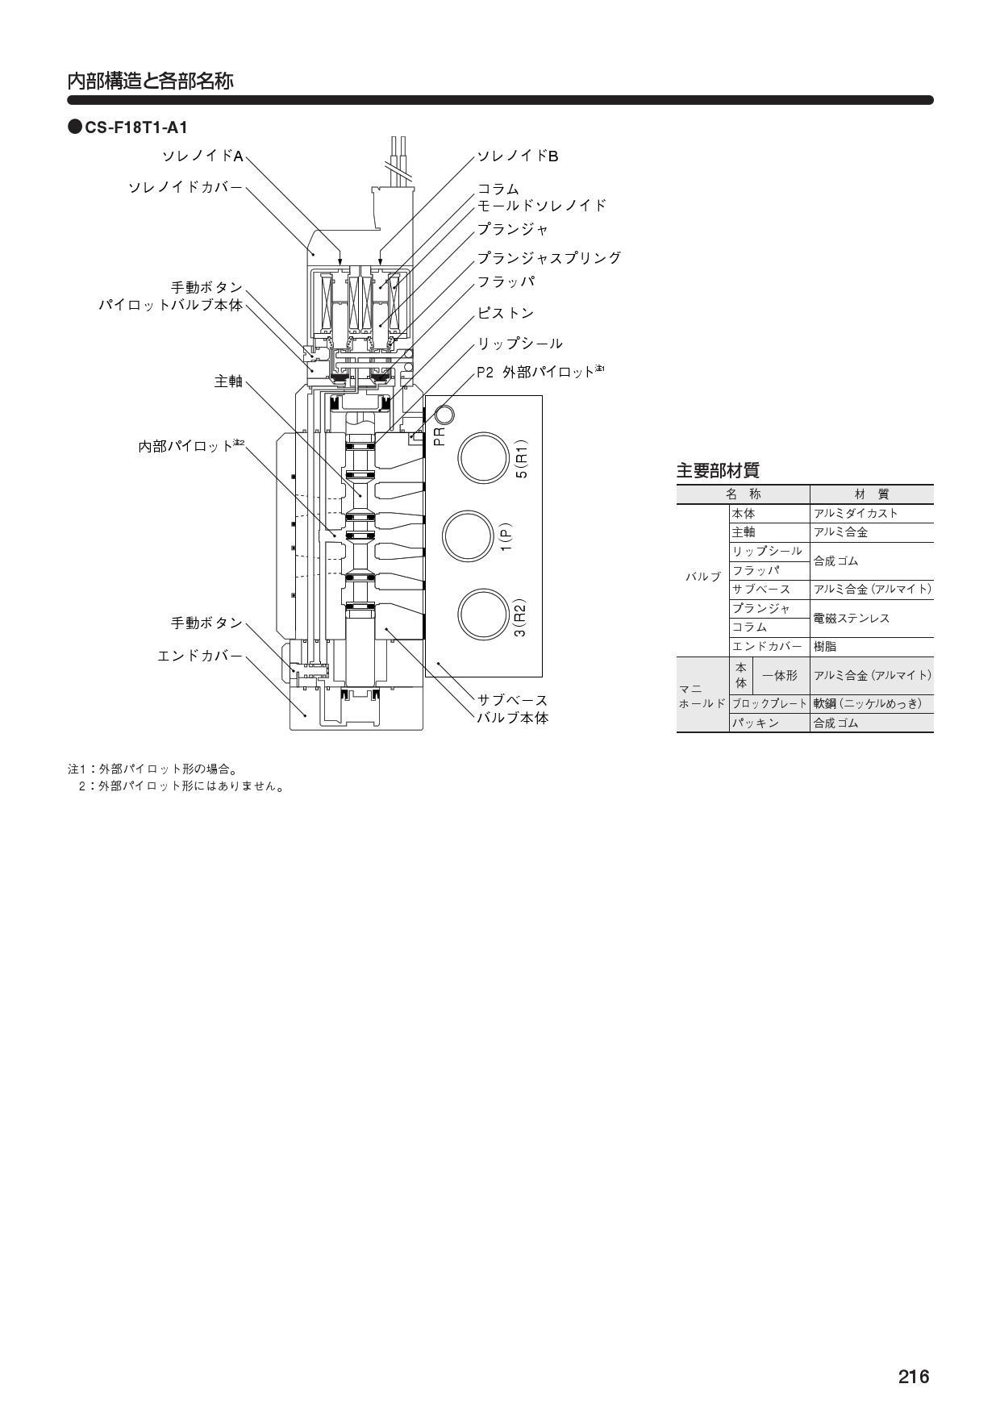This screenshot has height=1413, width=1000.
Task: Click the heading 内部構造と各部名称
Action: (150, 81)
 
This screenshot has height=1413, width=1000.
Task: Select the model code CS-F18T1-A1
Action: (135, 127)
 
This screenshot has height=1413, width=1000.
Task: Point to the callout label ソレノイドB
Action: (518, 156)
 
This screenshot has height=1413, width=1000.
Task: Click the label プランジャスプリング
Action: (549, 258)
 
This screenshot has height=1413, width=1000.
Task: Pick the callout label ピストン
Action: (506, 313)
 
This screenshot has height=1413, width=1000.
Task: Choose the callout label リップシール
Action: (520, 344)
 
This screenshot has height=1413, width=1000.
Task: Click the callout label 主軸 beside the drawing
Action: (228, 381)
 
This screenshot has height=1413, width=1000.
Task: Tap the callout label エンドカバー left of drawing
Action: (200, 656)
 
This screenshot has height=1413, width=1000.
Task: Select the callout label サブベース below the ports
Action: (513, 700)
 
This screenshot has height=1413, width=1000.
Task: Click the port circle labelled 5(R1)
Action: (482, 457)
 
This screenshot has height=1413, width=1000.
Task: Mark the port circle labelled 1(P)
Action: (467, 536)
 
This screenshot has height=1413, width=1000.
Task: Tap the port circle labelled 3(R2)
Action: (482, 615)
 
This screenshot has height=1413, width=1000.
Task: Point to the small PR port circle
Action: (444, 415)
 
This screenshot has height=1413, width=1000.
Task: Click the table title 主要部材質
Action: (718, 470)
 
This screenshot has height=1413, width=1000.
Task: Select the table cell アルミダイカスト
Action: (856, 513)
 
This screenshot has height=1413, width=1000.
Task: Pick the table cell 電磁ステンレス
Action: (852, 618)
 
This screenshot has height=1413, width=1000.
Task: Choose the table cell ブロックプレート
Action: (769, 703)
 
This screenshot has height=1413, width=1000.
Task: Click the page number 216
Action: (914, 1376)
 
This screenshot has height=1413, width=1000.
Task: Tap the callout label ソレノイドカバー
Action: (185, 187)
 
